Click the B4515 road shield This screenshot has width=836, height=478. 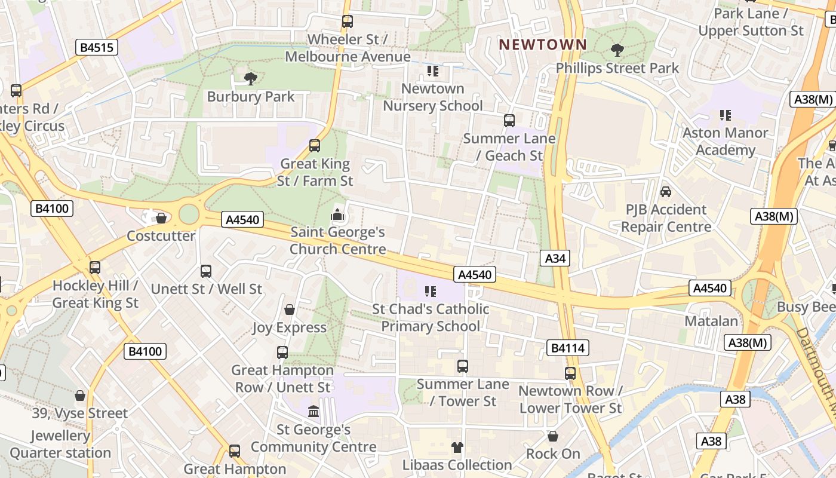[96, 47]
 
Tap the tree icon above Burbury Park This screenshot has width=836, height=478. [251, 78]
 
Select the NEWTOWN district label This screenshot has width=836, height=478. [543, 44]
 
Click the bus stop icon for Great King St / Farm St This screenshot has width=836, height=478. [315, 145]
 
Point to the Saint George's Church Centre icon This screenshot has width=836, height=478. [337, 213]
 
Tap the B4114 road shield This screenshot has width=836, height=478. [567, 348]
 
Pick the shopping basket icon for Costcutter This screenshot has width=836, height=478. [161, 218]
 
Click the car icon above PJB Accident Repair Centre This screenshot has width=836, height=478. [666, 192]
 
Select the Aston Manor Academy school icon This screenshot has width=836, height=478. [726, 115]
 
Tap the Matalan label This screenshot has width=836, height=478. [711, 321]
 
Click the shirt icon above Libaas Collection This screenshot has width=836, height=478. [457, 447]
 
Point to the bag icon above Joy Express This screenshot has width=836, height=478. [290, 310]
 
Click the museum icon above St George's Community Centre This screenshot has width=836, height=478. [314, 411]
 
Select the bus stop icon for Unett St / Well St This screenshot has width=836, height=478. [206, 271]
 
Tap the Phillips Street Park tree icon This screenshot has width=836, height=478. [617, 50]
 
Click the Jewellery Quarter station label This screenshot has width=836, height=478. [60, 444]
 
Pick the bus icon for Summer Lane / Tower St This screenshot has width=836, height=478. [463, 366]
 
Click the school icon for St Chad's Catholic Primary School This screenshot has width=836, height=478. [431, 292]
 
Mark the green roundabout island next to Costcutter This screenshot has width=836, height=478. [189, 213]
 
